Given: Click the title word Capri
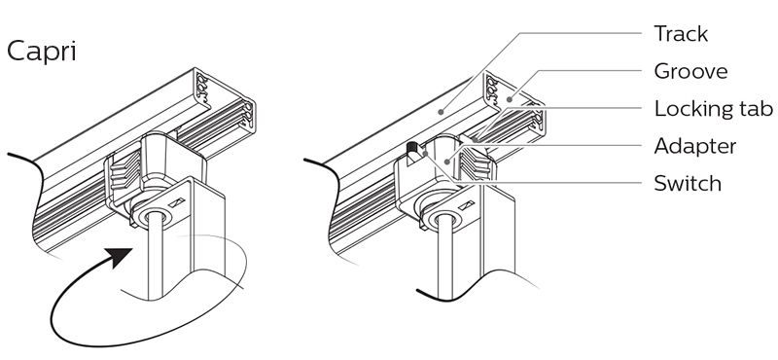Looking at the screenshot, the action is tap(42, 53).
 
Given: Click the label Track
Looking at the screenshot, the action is tap(681, 34).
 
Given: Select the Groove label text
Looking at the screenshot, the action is tap(690, 71).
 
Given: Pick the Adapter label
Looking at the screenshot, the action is tap(694, 147).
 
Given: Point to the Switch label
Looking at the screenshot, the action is tap(688, 184).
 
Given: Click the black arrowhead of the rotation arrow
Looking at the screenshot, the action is tap(120, 257).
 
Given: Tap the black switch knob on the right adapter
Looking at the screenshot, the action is tap(411, 149).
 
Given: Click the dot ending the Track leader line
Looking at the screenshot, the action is tap(441, 112).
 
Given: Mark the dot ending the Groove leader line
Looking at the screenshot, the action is tap(508, 99).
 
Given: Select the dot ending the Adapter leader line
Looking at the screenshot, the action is tap(447, 161).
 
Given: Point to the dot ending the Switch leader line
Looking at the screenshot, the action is tap(425, 154).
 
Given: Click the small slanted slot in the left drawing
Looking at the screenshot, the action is tap(177, 202).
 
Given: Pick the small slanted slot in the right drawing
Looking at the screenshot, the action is tap(466, 204).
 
